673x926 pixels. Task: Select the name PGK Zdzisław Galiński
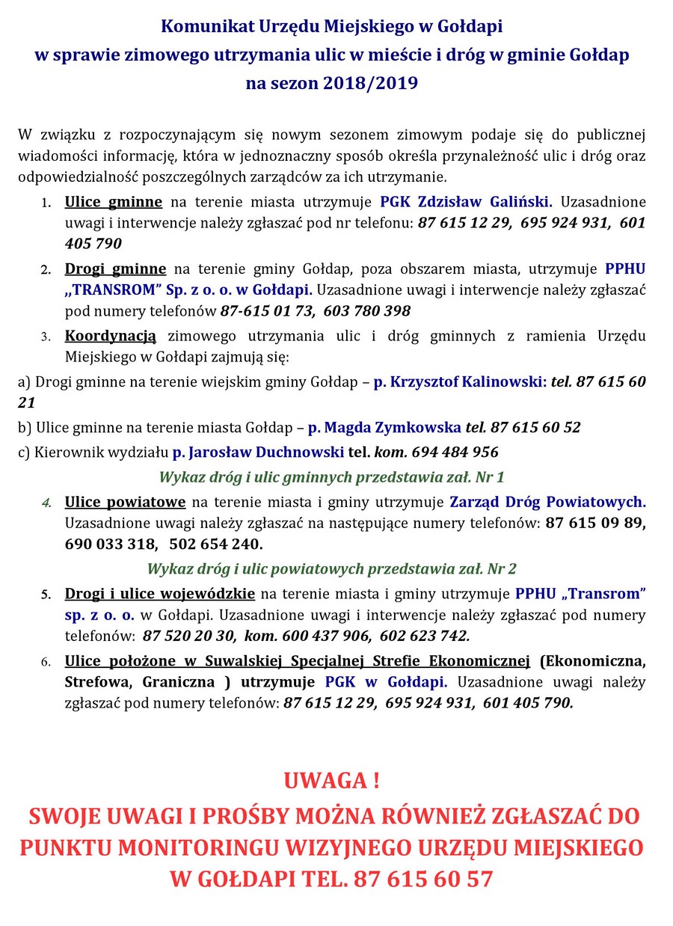[x=467, y=201]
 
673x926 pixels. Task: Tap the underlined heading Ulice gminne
[x=114, y=201]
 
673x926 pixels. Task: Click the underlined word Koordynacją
[x=111, y=336]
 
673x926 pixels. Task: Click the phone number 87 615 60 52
[x=534, y=428]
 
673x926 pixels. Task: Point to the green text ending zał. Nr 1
[x=331, y=476]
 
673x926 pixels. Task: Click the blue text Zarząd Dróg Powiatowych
[x=547, y=501]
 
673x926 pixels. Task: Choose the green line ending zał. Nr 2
[x=331, y=568]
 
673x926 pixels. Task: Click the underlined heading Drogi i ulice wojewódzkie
[x=160, y=594]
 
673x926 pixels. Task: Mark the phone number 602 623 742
[x=425, y=636]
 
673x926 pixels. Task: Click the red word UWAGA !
[x=331, y=782]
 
